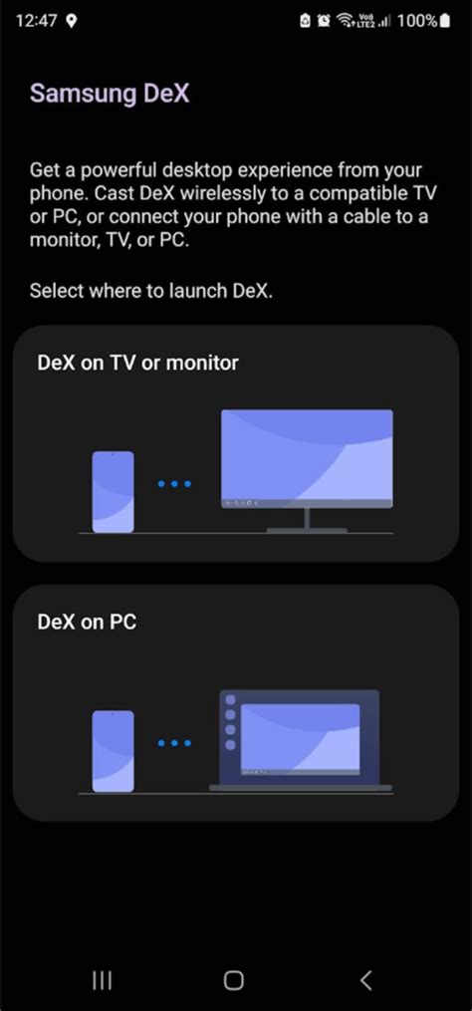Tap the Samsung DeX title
pyautogui.click(x=110, y=94)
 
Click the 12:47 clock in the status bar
pyautogui.click(x=36, y=21)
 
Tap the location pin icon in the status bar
pyautogui.click(x=72, y=21)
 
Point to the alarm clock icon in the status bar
pyautogui.click(x=323, y=21)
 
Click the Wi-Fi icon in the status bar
pyautogui.click(x=343, y=21)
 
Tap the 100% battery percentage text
pyautogui.click(x=417, y=21)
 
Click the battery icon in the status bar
pyautogui.click(x=445, y=21)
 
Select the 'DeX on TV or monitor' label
pyautogui.click(x=138, y=363)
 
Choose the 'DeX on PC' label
pyautogui.click(x=87, y=623)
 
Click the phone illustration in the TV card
pyautogui.click(x=113, y=492)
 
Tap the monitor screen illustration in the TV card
pyautogui.click(x=307, y=458)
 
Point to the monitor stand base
pyautogui.click(x=307, y=530)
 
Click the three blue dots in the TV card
pyautogui.click(x=174, y=483)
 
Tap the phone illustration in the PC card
pyautogui.click(x=113, y=751)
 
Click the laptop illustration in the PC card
pyautogui.click(x=301, y=740)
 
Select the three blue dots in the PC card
pyautogui.click(x=174, y=743)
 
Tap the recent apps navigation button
pyautogui.click(x=102, y=981)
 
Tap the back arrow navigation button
pyautogui.click(x=365, y=981)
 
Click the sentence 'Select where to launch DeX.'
pyautogui.click(x=151, y=291)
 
